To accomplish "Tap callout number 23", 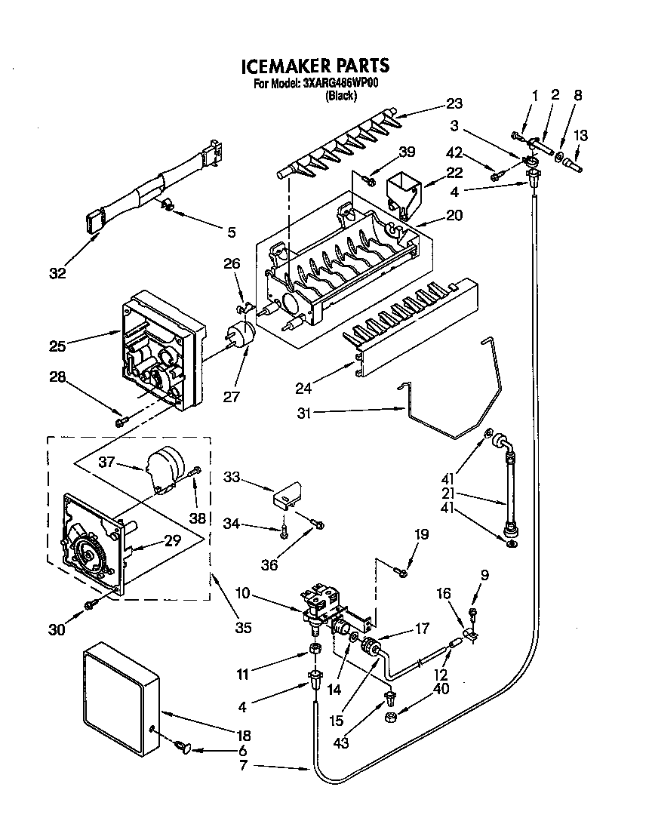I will [454, 104].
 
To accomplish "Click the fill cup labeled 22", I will [401, 192].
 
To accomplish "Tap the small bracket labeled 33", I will [288, 494].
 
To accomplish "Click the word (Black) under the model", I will [340, 96].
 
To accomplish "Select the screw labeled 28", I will [121, 420].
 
